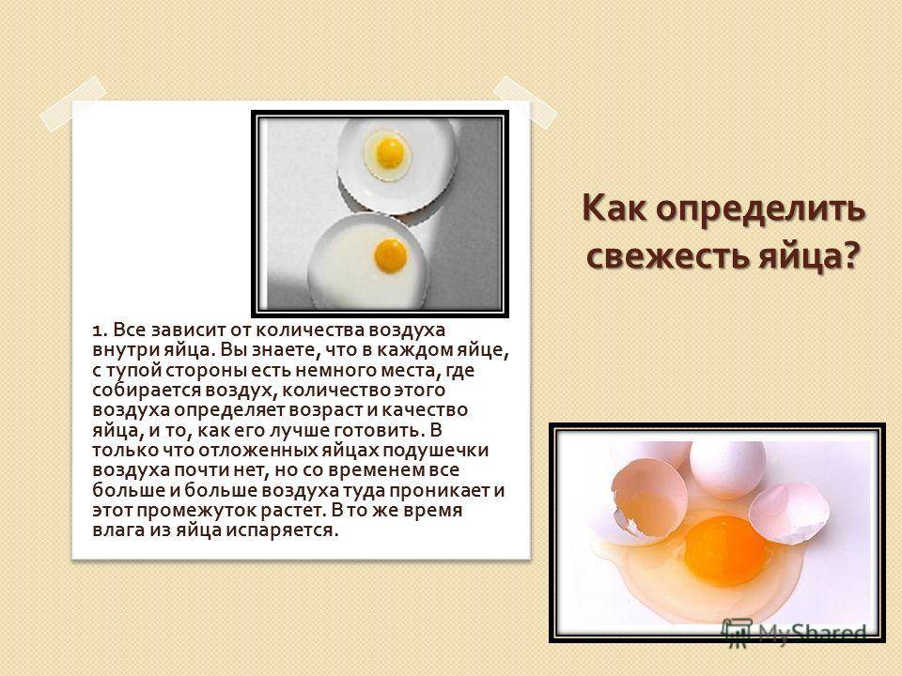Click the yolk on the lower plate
point(391,255)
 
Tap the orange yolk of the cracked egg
point(724,550)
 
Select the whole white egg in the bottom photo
point(727,469)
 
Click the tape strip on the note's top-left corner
point(73,104)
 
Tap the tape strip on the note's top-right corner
point(524,101)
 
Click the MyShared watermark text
point(811,632)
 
